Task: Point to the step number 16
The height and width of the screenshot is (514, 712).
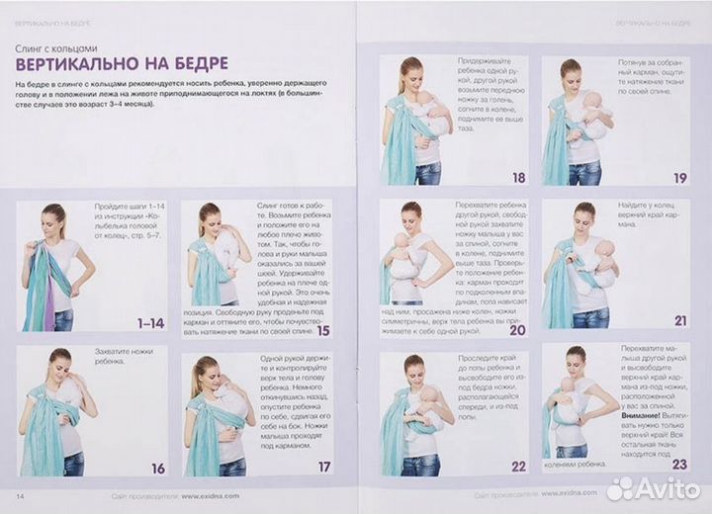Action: click(x=157, y=468)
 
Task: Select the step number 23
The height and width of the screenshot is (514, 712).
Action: click(x=678, y=466)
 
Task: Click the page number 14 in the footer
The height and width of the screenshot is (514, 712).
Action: click(x=20, y=493)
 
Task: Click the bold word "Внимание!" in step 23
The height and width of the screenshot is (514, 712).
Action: click(x=644, y=417)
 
